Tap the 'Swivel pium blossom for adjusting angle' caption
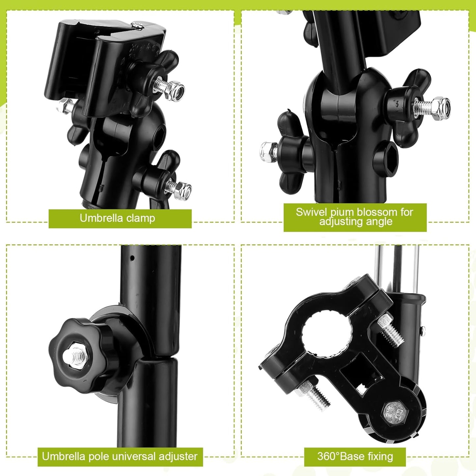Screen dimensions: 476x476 (x=355, y=217)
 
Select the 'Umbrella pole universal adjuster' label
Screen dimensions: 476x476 (x=120, y=457)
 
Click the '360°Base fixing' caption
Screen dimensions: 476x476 (x=355, y=457)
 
